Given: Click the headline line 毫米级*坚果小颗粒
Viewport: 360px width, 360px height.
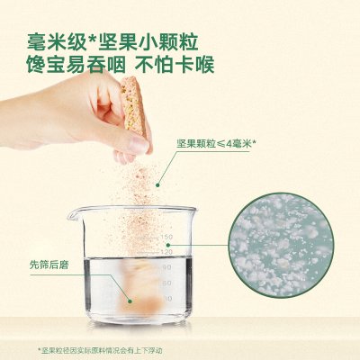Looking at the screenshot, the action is click(112, 42).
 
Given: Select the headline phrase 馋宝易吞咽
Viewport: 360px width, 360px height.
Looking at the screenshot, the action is click(76, 64).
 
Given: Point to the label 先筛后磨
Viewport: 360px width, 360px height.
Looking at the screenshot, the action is click(49, 265).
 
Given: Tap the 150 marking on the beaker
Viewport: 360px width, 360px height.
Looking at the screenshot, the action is click(166, 238).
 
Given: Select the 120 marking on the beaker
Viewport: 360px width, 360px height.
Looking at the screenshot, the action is click(166, 252).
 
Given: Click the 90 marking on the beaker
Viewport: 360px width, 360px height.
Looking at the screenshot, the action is click(167, 267).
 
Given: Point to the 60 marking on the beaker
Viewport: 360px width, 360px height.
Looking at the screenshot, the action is click(167, 283).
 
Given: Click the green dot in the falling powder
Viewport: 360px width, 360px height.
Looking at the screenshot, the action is click(157, 185).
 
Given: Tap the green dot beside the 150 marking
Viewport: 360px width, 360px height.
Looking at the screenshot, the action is click(168, 245).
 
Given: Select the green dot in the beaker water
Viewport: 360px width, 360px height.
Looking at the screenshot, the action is click(130, 301).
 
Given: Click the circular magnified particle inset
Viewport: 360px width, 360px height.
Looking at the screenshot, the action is click(282, 246).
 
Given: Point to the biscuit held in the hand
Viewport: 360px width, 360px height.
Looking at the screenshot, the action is click(133, 105).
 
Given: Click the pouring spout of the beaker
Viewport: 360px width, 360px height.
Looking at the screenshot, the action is click(72, 214).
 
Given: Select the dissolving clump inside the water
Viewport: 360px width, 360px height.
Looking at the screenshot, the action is click(141, 286).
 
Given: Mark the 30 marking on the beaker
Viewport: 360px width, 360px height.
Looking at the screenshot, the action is click(167, 299).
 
